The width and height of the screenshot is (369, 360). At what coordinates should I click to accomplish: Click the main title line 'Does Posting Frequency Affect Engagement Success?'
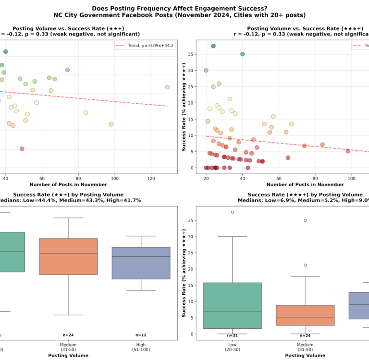(x=184, y=8)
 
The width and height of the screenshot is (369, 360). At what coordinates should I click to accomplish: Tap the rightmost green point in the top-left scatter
(x=168, y=87)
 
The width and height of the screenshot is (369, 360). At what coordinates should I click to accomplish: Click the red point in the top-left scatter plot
(x=22, y=149)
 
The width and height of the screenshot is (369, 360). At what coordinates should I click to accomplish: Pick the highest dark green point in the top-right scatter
(x=213, y=46)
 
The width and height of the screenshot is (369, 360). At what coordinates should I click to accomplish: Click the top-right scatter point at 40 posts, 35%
(x=243, y=54)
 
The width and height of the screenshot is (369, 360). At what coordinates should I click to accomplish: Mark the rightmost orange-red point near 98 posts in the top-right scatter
(x=348, y=151)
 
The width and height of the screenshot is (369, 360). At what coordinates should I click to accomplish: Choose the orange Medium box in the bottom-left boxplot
(x=68, y=256)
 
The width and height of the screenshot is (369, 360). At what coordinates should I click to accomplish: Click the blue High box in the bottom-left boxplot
(x=141, y=263)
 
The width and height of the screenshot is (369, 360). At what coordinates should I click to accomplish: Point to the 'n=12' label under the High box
(x=141, y=335)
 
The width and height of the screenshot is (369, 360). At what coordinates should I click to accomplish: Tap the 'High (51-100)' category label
(x=141, y=347)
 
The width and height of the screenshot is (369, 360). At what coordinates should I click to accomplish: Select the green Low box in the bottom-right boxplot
(x=233, y=305)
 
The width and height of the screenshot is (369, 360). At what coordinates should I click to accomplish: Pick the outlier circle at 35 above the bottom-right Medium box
(x=305, y=220)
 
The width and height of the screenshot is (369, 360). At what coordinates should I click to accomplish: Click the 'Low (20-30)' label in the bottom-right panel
(x=233, y=347)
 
